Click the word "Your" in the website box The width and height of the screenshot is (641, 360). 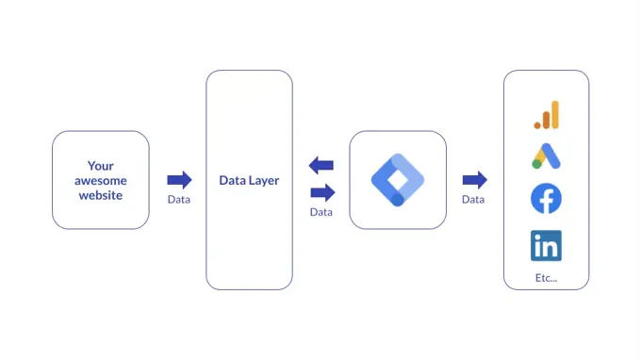pos(100,166)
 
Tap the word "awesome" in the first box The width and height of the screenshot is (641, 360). pos(100,180)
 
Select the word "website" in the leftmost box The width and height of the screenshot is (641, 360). pos(100,195)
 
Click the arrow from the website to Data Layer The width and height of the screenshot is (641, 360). pos(179,180)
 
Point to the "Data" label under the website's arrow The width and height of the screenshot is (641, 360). pos(179,199)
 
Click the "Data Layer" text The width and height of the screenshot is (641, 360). pos(249,180)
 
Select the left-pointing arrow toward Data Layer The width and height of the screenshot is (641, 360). pos(321,166)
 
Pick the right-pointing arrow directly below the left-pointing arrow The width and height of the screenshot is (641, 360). pos(321,192)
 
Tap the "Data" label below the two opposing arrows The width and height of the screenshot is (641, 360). pos(321,212)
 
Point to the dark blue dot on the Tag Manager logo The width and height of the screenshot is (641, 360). pos(398,199)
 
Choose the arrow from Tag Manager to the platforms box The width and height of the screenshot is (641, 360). pos(474,180)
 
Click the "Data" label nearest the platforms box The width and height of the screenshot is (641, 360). pos(473,199)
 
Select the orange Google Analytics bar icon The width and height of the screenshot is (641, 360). pos(546,115)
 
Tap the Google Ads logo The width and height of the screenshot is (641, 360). pos(546,156)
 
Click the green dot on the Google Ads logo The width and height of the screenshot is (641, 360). pos(536,164)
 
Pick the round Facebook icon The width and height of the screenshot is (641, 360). pos(546,199)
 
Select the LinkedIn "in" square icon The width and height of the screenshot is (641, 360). pos(546,245)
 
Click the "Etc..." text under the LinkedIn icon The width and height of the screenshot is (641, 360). pos(546,277)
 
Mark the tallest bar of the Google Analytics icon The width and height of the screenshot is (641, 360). pos(554,114)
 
